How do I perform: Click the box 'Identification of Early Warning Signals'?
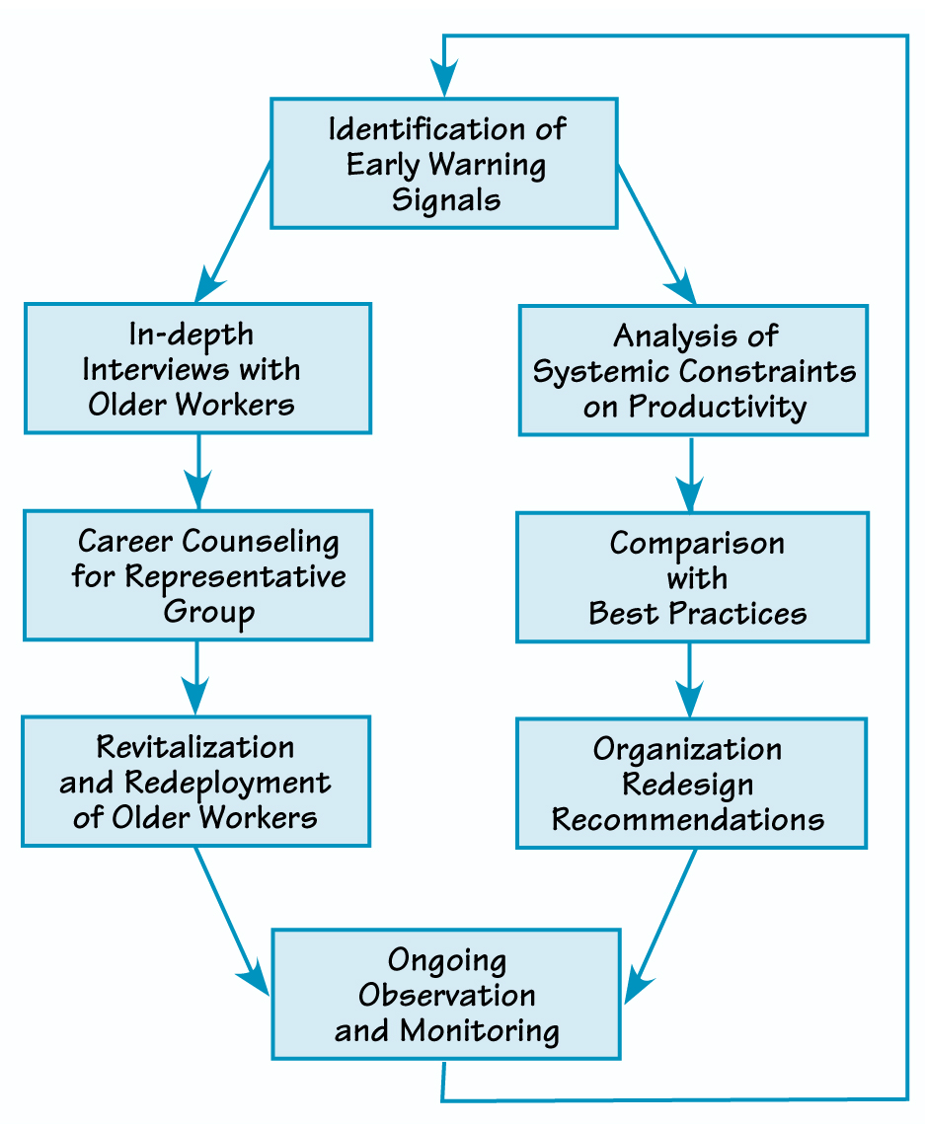click(444, 163)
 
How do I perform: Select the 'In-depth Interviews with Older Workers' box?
click(197, 368)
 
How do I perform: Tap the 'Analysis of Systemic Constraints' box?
click(693, 370)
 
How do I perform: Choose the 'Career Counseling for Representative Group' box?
click(197, 575)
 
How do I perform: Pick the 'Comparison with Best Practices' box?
click(693, 577)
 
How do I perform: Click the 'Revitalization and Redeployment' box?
click(195, 782)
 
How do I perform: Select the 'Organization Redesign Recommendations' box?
click(691, 784)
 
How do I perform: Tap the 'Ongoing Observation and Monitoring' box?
click(446, 994)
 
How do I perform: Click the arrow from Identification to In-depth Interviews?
click(234, 231)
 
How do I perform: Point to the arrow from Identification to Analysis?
click(656, 233)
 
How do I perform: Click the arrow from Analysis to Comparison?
click(690, 473)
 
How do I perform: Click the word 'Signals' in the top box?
click(446, 199)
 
